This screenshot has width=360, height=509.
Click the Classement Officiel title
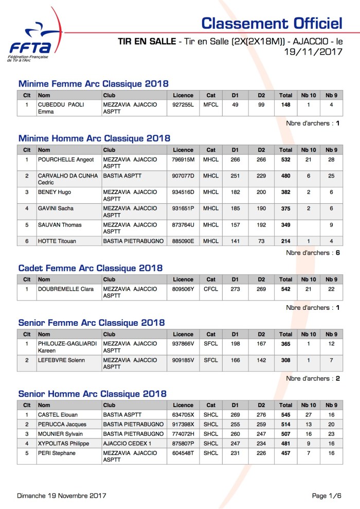[x=272, y=23]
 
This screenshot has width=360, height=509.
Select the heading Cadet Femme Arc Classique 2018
[x=90, y=268]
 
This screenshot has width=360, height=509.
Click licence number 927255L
[x=183, y=104]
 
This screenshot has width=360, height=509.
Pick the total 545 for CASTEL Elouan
[x=285, y=414]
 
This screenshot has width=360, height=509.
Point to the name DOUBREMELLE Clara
[x=66, y=289]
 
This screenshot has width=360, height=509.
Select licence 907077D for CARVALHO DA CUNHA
[x=183, y=176]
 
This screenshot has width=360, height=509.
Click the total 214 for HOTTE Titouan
[x=285, y=241]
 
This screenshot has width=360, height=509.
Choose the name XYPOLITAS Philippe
[x=63, y=444]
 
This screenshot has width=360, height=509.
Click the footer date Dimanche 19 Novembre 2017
[x=62, y=496]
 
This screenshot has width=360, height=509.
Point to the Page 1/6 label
[x=327, y=496]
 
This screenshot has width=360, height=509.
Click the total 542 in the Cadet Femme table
[x=285, y=289]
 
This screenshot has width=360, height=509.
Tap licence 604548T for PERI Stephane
[x=183, y=453]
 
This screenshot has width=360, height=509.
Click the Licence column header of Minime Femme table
[x=183, y=95]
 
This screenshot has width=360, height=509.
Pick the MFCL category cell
[x=211, y=104]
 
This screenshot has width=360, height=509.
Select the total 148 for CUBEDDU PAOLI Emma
[x=285, y=104]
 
